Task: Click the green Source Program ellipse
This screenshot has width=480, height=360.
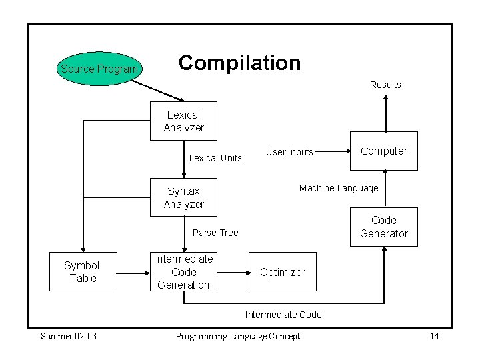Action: click(99, 69)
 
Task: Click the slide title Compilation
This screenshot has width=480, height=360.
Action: click(239, 63)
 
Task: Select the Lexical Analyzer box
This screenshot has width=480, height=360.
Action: click(183, 121)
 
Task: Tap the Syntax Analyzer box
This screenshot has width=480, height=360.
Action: click(183, 198)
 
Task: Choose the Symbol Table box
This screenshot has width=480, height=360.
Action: click(83, 272)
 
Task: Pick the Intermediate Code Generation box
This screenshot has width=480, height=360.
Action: click(183, 272)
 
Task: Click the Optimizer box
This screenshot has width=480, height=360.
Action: click(283, 272)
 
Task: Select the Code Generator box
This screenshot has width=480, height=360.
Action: click(383, 227)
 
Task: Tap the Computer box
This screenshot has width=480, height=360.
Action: click(383, 151)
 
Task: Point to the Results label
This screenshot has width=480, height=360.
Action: click(385, 85)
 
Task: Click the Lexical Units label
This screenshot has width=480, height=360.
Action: click(215, 158)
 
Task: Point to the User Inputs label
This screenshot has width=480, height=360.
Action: click(289, 152)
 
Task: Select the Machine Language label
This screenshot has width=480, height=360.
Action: click(339, 188)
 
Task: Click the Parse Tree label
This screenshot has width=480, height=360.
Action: click(215, 233)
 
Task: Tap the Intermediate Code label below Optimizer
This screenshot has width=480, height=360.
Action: click(283, 315)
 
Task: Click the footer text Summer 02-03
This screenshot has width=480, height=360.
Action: click(69, 336)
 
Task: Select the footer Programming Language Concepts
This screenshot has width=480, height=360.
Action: click(239, 336)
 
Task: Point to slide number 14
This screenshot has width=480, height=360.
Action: click(434, 336)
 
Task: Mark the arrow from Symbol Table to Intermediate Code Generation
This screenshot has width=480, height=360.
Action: click(133, 272)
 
